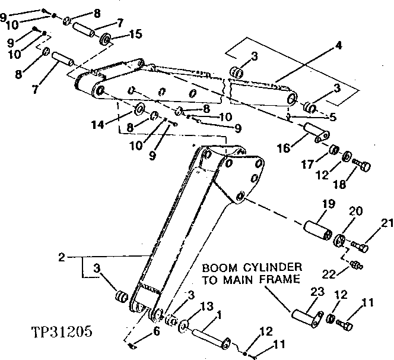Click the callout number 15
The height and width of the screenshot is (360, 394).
135,34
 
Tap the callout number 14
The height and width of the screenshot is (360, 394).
99,124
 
